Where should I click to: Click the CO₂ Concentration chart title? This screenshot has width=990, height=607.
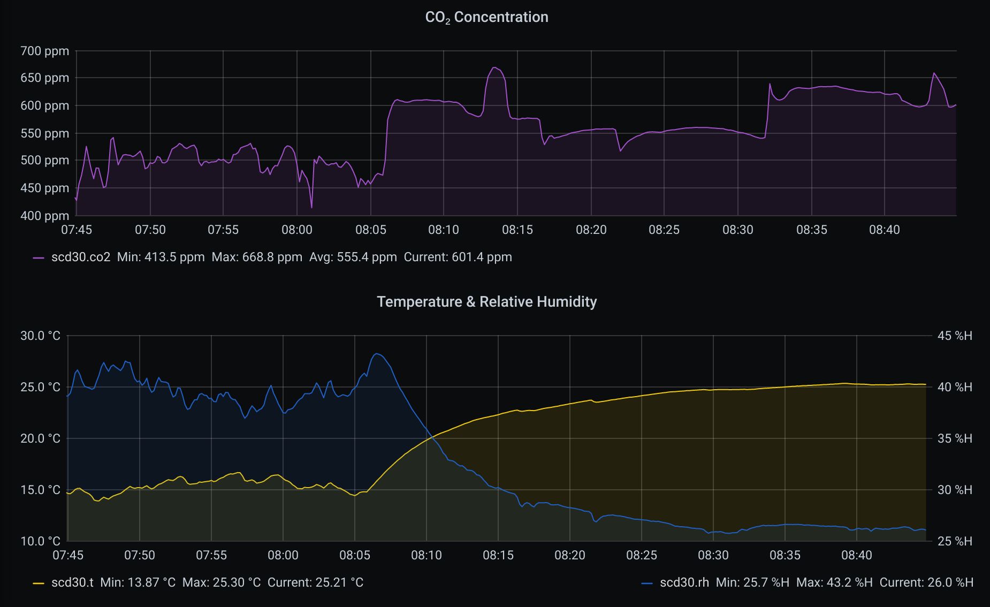[x=486, y=17]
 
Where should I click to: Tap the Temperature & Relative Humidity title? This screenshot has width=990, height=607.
[x=486, y=302]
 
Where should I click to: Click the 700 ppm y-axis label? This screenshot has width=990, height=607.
[x=45, y=51]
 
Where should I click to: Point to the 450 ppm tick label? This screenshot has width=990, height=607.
[x=45, y=188]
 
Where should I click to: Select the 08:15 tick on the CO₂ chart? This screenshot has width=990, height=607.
[x=517, y=230]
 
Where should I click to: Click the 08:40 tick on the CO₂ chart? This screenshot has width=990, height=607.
[x=884, y=230]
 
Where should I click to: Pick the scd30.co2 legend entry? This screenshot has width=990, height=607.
[x=80, y=257]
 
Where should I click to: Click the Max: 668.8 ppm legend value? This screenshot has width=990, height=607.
[x=257, y=257]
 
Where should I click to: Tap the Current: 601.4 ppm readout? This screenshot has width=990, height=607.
[x=458, y=257]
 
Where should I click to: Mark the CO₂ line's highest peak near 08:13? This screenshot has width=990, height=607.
[x=494, y=67]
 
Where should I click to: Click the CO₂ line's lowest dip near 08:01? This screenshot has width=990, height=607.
[x=311, y=208]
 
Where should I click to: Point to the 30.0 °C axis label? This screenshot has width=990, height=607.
[x=40, y=336]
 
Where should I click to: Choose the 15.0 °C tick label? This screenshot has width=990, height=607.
[x=40, y=490]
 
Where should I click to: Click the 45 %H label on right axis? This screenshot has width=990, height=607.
[x=955, y=336]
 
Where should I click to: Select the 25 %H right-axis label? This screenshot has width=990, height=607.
[x=955, y=541]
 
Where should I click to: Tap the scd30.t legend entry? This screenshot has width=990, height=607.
[x=72, y=582]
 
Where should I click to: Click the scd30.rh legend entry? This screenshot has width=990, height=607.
[x=684, y=582]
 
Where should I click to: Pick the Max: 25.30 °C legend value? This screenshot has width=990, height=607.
[x=222, y=582]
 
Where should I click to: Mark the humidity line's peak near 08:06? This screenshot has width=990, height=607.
[x=377, y=354]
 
